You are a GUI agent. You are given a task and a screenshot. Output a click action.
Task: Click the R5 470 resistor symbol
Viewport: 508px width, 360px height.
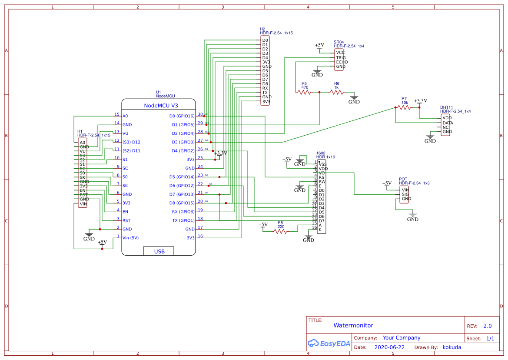(305, 92)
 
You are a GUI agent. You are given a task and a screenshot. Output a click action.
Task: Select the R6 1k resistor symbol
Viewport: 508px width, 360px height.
(337, 92)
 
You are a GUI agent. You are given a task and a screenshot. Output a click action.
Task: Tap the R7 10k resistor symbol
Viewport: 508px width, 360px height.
(404, 107)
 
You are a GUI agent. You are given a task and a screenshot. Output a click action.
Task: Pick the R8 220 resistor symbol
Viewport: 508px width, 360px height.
(280, 232)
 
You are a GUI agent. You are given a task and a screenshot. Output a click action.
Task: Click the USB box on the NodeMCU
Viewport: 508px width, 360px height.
(159, 251)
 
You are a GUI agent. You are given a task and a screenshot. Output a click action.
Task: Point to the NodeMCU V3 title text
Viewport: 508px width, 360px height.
(161, 106)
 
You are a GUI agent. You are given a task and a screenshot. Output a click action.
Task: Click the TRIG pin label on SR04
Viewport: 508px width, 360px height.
(341, 57)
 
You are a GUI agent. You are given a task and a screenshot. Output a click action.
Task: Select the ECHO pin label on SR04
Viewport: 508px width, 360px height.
(342, 62)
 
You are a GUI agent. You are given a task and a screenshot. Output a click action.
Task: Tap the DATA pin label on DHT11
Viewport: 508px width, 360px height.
(448, 123)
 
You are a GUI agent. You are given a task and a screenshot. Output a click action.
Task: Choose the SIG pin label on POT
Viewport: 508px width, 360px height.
(405, 194)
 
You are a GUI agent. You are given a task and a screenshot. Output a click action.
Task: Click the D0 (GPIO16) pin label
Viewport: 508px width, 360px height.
(182, 116)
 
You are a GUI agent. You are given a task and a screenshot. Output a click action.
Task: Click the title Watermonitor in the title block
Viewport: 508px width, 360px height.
(353, 325)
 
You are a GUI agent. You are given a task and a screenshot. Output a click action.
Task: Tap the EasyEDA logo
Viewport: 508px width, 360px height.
(328, 343)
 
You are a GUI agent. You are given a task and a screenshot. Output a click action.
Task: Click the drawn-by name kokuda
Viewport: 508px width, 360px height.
(452, 347)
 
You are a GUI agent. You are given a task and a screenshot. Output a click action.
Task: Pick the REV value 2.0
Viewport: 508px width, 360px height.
(488, 326)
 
